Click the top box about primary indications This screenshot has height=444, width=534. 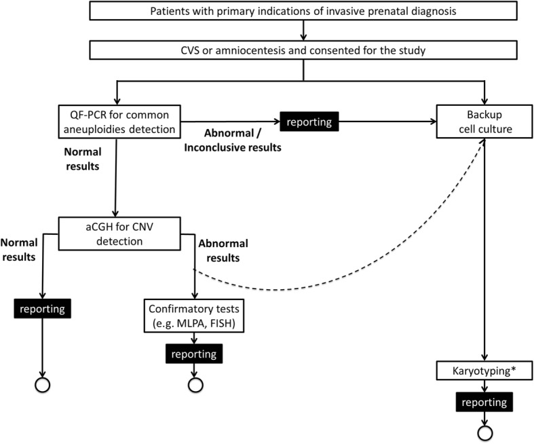[x=302, y=11]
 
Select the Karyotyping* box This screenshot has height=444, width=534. [x=483, y=372]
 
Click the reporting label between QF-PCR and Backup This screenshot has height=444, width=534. [x=309, y=123]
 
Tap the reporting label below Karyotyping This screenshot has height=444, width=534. [x=484, y=403]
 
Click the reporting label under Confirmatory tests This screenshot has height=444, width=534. [x=195, y=353]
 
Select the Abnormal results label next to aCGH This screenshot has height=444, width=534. [x=225, y=250]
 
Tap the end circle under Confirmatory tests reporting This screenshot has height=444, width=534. [x=195, y=384]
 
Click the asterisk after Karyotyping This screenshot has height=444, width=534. [x=512, y=370]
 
